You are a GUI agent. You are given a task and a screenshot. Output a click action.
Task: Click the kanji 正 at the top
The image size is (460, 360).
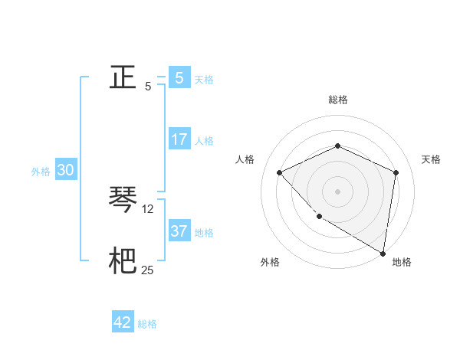(123, 77)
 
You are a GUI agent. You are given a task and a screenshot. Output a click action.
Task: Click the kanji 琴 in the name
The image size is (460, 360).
(123, 200)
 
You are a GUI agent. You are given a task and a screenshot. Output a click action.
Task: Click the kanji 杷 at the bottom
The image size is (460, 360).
(123, 261)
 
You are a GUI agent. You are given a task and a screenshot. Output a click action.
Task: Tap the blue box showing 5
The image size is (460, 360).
(179, 77)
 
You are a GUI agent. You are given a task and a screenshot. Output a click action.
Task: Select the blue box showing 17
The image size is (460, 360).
(179, 139)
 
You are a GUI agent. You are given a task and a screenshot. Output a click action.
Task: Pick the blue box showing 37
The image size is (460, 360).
(179, 231)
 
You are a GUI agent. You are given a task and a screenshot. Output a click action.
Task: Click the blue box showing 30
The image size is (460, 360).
(65, 170)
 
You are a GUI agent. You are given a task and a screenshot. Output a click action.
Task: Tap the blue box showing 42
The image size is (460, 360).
(123, 322)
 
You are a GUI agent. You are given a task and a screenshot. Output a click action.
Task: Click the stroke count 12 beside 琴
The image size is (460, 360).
(148, 208)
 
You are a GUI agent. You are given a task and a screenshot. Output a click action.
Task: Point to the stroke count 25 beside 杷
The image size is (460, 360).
(148, 270)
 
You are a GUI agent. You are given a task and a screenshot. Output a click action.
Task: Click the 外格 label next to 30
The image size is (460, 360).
(41, 172)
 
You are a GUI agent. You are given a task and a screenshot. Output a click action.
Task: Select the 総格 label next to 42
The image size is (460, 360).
(147, 324)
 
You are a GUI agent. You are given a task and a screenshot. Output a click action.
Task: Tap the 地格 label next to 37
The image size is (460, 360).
(204, 233)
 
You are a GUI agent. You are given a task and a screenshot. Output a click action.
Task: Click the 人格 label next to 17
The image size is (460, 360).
(204, 141)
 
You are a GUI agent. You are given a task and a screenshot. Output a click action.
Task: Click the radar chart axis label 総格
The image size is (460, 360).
(337, 100)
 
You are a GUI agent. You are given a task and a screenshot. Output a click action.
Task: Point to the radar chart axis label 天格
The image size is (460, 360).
(431, 159)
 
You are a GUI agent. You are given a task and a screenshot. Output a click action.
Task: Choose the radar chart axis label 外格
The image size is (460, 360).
(270, 262)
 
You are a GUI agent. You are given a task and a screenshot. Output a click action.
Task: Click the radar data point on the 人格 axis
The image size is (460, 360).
(280, 172)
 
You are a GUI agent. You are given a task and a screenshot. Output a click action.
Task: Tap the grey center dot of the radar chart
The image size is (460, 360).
(337, 191)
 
